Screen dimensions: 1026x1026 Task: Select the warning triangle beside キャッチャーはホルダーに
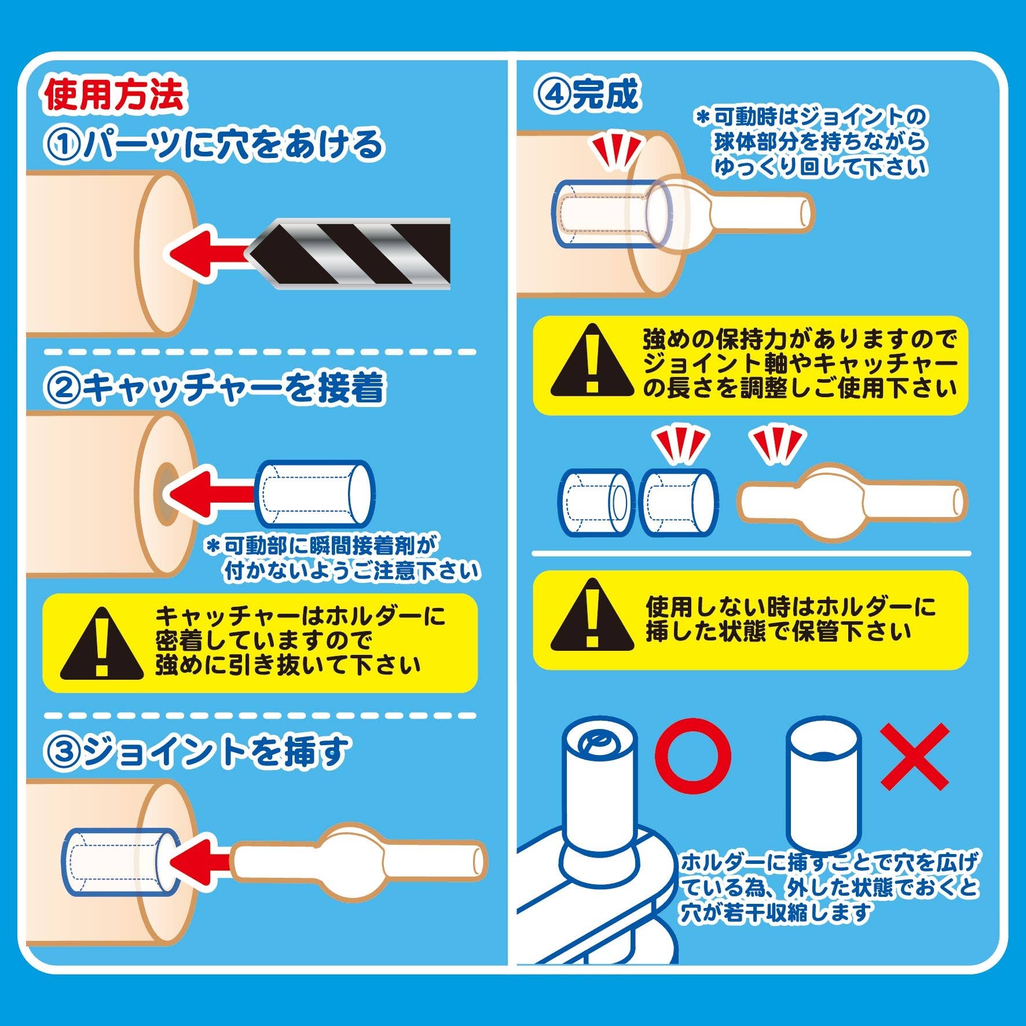(102, 643)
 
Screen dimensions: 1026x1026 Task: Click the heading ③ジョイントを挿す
(197, 752)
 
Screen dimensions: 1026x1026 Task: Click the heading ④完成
(586, 94)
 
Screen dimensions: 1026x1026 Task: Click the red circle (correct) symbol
(695, 757)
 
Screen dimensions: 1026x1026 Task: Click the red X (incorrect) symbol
(915, 757)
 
